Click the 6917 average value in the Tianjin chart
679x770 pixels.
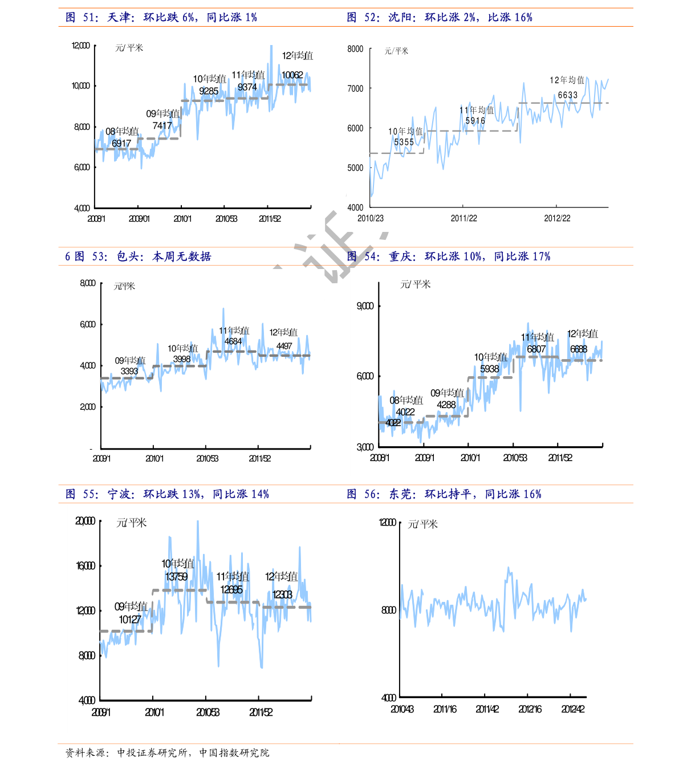[121, 144]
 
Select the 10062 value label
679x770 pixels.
[292, 75]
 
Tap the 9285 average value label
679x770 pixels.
[209, 91]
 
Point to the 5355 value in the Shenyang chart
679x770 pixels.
[404, 142]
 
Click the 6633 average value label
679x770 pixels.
[568, 95]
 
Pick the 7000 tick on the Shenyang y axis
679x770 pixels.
[355, 88]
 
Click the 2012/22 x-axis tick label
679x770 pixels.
[557, 218]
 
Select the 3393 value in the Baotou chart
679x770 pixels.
[129, 371]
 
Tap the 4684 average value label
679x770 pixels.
[233, 341]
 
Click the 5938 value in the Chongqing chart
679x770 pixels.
[490, 369]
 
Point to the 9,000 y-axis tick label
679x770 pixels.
[365, 306]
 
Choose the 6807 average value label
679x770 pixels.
[536, 349]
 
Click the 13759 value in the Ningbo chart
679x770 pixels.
[177, 577]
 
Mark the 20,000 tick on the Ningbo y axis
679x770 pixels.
[86, 521]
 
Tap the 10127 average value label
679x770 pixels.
[130, 620]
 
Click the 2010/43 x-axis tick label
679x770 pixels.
[402, 709]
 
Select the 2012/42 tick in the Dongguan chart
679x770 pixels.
[573, 709]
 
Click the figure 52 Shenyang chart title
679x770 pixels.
[440, 18]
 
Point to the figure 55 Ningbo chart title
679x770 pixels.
[167, 494]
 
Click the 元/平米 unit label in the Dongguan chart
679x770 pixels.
[423, 524]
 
